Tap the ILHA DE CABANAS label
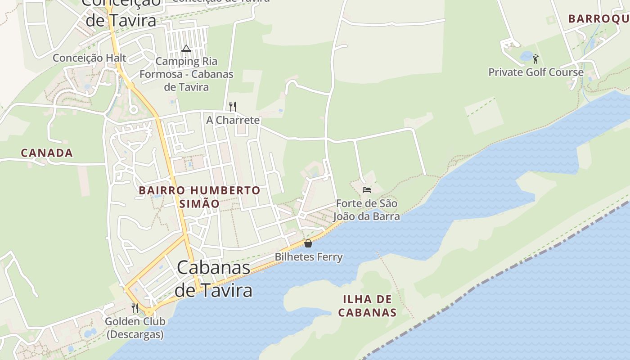point(367,306)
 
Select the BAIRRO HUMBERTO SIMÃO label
point(199,197)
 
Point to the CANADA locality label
point(47,153)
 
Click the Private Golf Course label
point(536,72)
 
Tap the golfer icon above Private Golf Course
point(535,58)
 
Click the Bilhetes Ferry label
point(309,257)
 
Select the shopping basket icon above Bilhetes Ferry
point(308,243)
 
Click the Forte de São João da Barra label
point(366,210)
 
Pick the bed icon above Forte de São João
point(367,189)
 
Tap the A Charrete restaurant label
point(233,120)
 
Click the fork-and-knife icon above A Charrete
point(233,107)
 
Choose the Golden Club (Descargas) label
point(135,328)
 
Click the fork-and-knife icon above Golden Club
point(135,308)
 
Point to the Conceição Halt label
point(90,58)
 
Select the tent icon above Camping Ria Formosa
point(186,48)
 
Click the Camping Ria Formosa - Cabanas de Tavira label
point(186,74)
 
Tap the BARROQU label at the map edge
point(598,19)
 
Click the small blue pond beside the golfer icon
point(526,56)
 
